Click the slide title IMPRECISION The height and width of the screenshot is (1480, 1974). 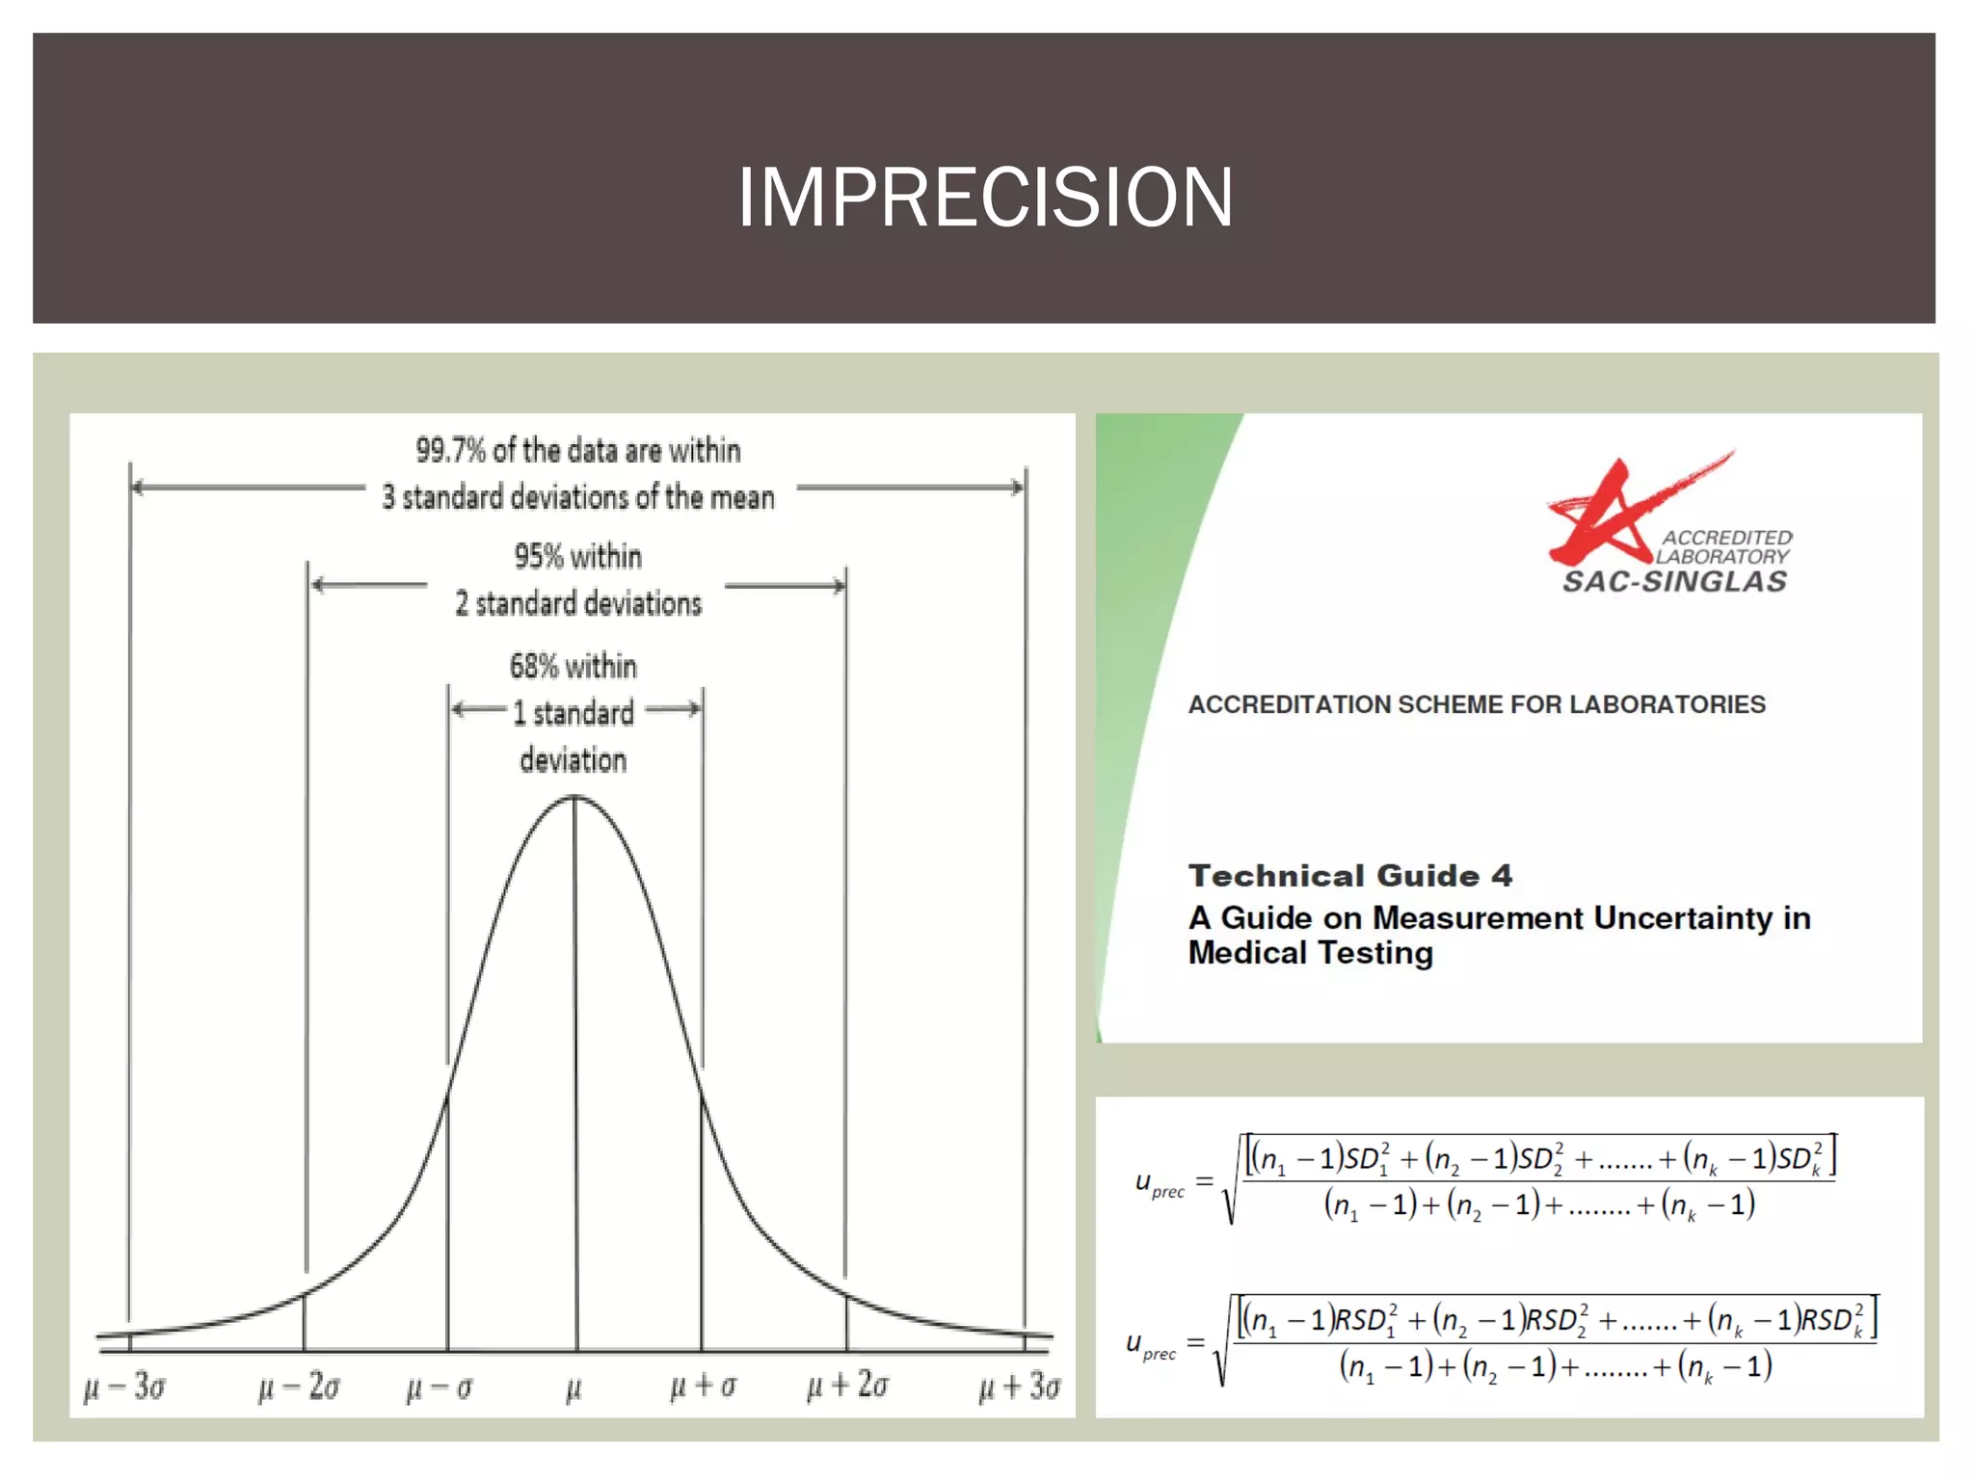pos(984,198)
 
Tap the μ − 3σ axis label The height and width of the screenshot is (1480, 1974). pos(124,1387)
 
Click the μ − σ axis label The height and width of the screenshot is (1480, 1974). pos(440,1388)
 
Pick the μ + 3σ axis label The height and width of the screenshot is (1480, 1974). pos(1019,1387)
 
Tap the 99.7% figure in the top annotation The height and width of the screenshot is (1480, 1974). pos(450,450)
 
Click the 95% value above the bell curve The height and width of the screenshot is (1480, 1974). pos(538,556)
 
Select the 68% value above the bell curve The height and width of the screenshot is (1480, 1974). pos(533,666)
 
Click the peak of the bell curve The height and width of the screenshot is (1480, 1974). pos(574,797)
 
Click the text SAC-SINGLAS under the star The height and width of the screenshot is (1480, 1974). pos(1674,581)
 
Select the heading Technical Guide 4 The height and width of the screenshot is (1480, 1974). pos(1349,875)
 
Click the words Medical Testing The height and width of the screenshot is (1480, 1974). pos(1310,953)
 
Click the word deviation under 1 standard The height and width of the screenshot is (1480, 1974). pos(573,760)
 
